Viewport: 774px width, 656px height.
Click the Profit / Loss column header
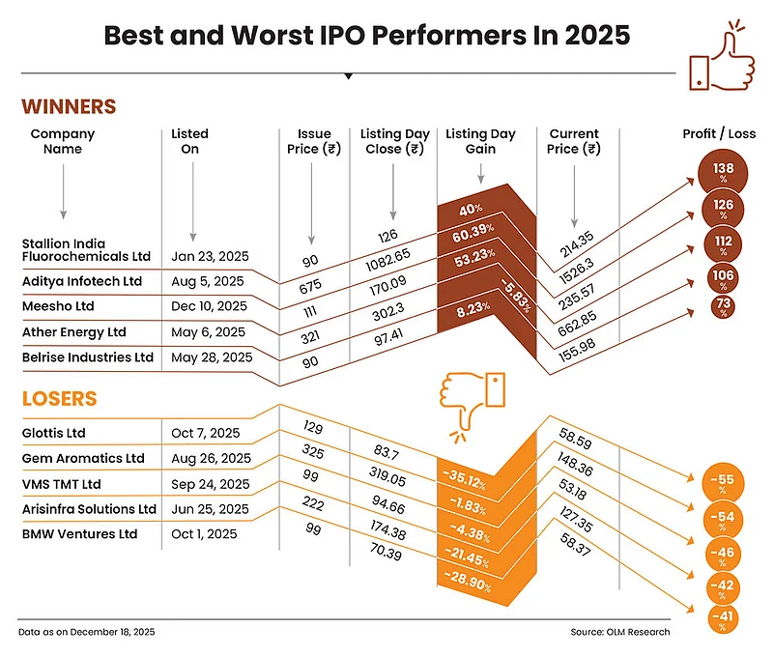(x=719, y=134)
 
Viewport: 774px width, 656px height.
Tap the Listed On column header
(x=189, y=141)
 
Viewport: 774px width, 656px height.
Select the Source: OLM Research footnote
(x=619, y=632)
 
